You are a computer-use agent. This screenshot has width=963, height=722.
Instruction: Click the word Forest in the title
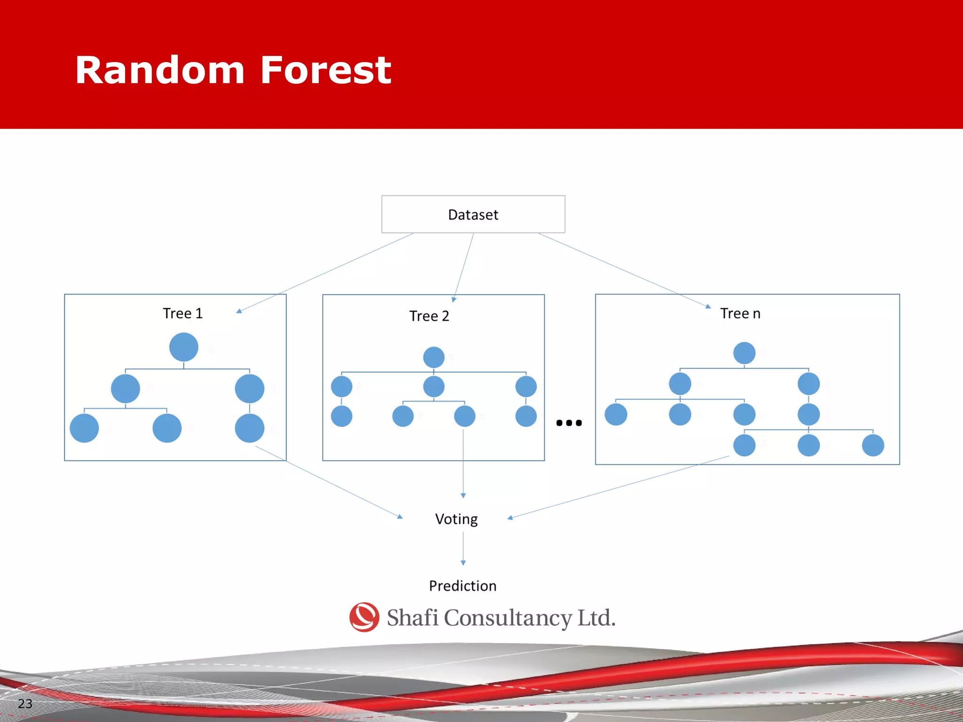325,71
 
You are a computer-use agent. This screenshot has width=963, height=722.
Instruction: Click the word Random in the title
160,71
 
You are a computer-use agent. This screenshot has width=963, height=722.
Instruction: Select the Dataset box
473,214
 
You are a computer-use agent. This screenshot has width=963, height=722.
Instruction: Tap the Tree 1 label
182,313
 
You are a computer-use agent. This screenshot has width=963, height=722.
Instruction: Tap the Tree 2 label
429,316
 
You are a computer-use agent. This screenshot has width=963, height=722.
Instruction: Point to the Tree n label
740,313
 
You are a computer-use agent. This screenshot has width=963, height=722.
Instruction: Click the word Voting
456,519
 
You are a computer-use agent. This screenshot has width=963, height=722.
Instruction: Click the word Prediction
463,586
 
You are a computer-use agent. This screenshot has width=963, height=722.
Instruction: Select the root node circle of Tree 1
183,347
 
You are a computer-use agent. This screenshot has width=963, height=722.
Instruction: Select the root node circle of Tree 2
434,357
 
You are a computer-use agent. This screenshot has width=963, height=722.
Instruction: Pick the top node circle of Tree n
744,353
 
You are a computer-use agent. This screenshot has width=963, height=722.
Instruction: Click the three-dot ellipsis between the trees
569,423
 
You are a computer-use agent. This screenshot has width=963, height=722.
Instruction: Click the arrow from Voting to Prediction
463,548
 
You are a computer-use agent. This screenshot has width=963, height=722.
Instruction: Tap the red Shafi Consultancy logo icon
364,617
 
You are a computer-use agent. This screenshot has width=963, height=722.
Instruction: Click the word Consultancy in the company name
508,618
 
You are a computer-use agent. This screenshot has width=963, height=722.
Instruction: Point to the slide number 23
25,704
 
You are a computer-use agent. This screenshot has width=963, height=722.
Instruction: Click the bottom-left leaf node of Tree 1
84,428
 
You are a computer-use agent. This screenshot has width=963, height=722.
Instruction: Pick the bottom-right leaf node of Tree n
873,445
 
